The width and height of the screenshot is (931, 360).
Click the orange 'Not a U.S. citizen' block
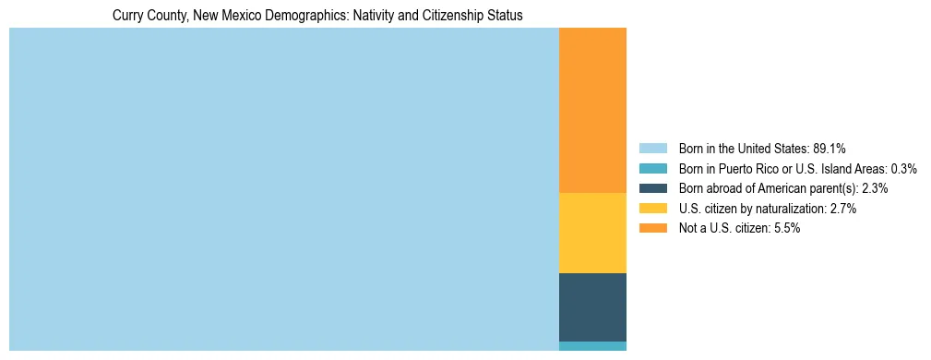point(592,110)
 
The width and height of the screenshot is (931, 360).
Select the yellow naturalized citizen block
point(592,233)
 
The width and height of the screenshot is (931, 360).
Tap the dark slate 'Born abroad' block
point(592,306)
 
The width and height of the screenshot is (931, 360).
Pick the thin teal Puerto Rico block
point(592,346)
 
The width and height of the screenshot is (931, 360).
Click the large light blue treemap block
point(284,189)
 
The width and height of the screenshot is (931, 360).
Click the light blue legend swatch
point(652,149)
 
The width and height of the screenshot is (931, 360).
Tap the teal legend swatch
point(652,169)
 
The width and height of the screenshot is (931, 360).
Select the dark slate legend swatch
point(652,188)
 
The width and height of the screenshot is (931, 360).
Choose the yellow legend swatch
point(652,209)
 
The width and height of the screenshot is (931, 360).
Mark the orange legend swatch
point(652,228)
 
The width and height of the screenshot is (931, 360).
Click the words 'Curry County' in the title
point(146,16)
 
